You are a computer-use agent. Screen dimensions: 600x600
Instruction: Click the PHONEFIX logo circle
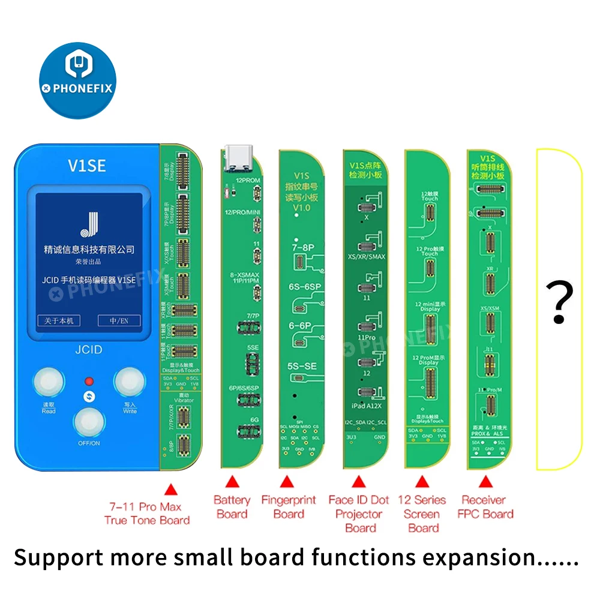tap(77, 79)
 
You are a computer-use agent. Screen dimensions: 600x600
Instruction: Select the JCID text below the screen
tap(88, 349)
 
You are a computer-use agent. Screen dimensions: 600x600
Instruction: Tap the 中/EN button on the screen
tap(122, 321)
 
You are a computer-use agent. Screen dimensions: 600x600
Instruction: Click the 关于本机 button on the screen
tap(58, 321)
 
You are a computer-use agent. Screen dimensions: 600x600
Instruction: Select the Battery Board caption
tap(232, 507)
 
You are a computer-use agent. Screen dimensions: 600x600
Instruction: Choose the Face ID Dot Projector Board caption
tap(359, 514)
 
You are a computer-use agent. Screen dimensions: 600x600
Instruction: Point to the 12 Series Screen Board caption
tap(423, 514)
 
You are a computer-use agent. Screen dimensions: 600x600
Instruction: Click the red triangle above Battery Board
tap(232, 482)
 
